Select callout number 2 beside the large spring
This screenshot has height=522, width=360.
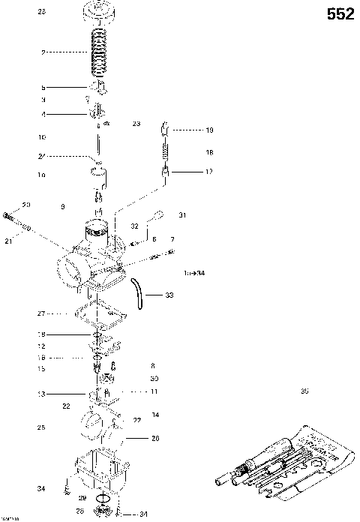44,52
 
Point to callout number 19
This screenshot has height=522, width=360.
209,130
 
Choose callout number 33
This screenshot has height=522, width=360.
169,295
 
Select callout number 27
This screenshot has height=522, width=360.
42,313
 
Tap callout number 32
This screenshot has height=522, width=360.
134,225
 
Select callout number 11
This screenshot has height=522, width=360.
154,391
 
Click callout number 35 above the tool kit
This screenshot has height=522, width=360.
304,390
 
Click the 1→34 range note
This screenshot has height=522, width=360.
194,272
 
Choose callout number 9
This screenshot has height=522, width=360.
63,205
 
